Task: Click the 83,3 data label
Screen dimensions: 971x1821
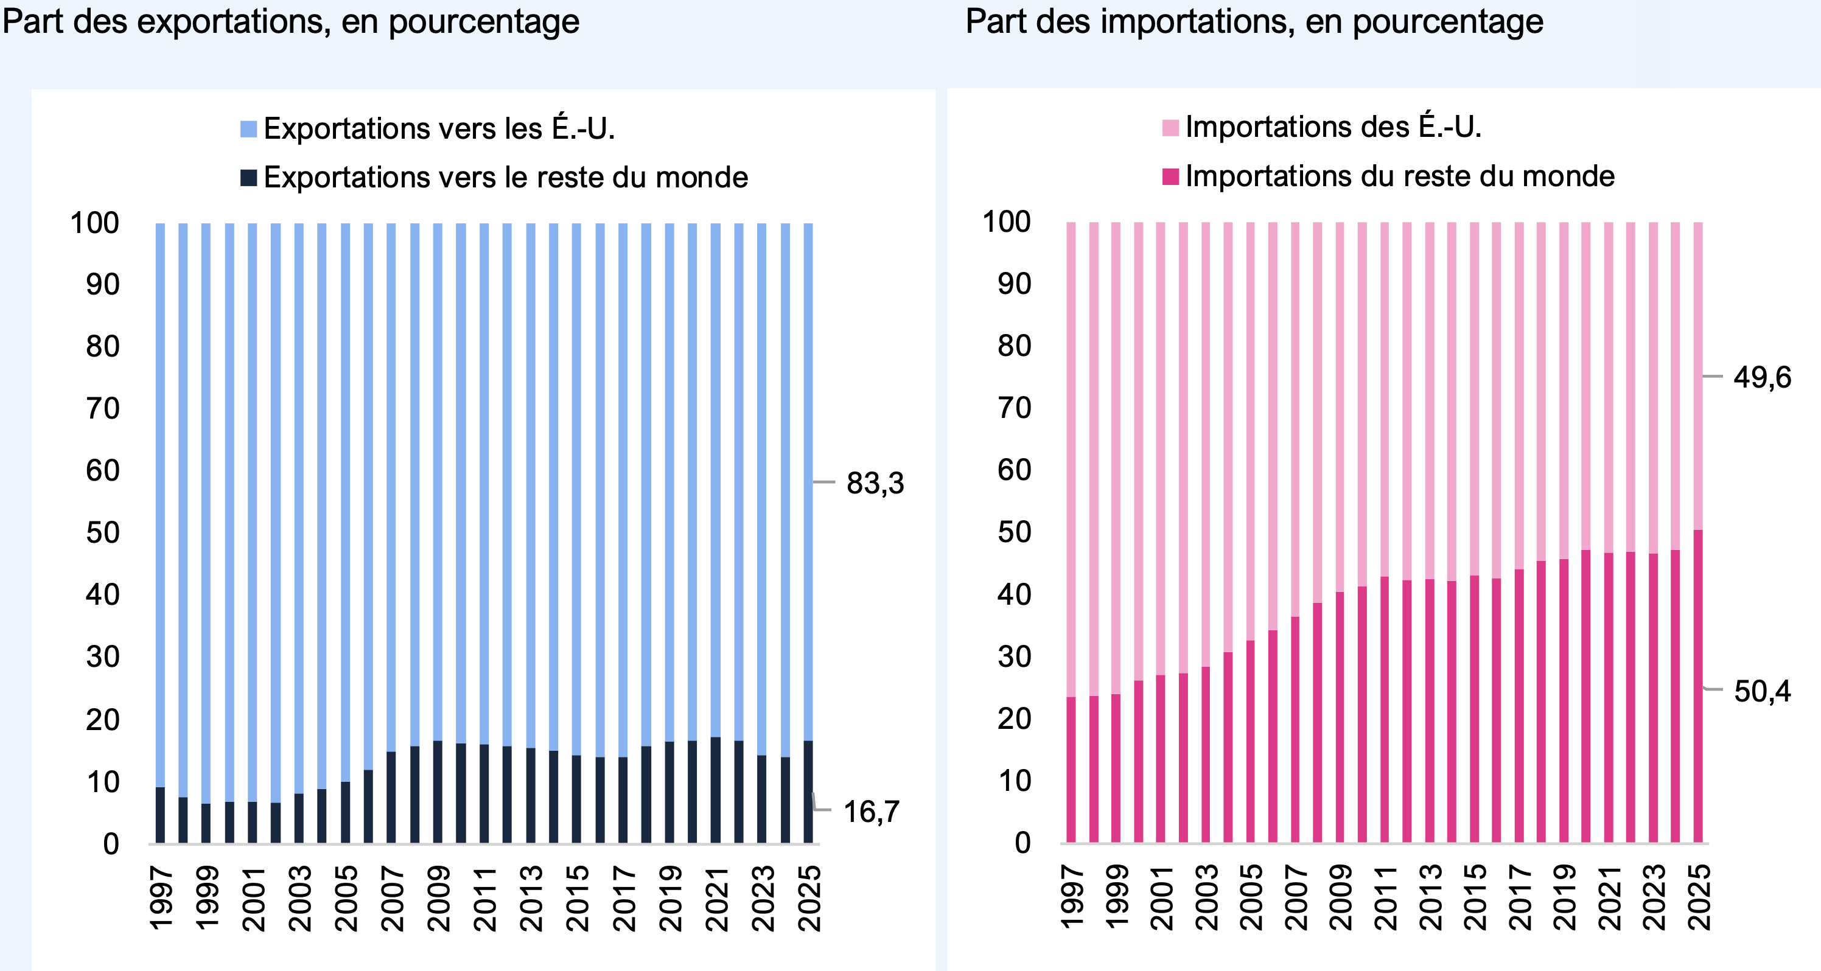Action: point(875,484)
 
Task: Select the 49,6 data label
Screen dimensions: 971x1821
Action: point(1763,378)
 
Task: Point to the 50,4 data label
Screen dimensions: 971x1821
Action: point(1763,691)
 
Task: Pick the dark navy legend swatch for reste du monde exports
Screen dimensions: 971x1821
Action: point(248,178)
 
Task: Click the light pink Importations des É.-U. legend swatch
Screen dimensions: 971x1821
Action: point(1170,128)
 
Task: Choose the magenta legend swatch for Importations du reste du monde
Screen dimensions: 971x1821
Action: point(1170,176)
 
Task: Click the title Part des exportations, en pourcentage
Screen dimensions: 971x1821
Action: point(290,21)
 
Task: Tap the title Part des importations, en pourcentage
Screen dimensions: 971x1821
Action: point(1254,21)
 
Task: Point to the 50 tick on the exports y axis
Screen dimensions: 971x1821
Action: point(103,533)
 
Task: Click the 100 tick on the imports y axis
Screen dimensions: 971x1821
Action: point(1007,222)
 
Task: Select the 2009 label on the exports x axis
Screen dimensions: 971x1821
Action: point(438,898)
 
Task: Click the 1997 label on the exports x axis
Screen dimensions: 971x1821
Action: point(161,898)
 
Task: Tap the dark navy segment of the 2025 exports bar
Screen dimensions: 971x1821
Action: point(808,792)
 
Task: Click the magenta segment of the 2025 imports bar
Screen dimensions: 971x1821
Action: point(1698,686)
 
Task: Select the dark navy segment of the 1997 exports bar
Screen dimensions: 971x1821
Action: point(161,815)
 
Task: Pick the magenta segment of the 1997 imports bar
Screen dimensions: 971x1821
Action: point(1071,770)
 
